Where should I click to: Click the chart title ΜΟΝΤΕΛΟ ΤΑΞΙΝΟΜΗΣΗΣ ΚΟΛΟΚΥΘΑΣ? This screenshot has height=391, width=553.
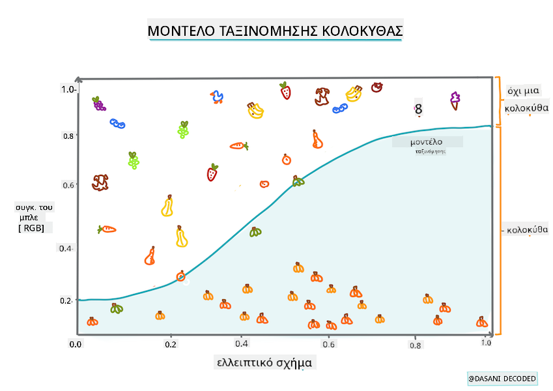pyautogui.click(x=275, y=31)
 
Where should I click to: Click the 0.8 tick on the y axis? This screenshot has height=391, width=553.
pyautogui.click(x=69, y=136)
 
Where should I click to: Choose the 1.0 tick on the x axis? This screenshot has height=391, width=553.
pyautogui.click(x=485, y=343)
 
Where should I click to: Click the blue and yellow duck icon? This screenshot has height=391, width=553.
pyautogui.click(x=218, y=98)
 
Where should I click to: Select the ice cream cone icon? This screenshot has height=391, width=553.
pyautogui.click(x=454, y=100)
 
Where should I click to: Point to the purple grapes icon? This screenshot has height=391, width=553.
pyautogui.click(x=98, y=103)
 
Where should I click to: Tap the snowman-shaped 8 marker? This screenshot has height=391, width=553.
pyautogui.click(x=418, y=109)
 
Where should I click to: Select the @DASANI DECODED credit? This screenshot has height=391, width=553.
pyautogui.click(x=502, y=379)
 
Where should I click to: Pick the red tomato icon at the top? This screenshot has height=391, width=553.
pyautogui.click(x=376, y=87)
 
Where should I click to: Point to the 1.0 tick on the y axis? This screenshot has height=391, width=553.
pyautogui.click(x=68, y=89)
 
